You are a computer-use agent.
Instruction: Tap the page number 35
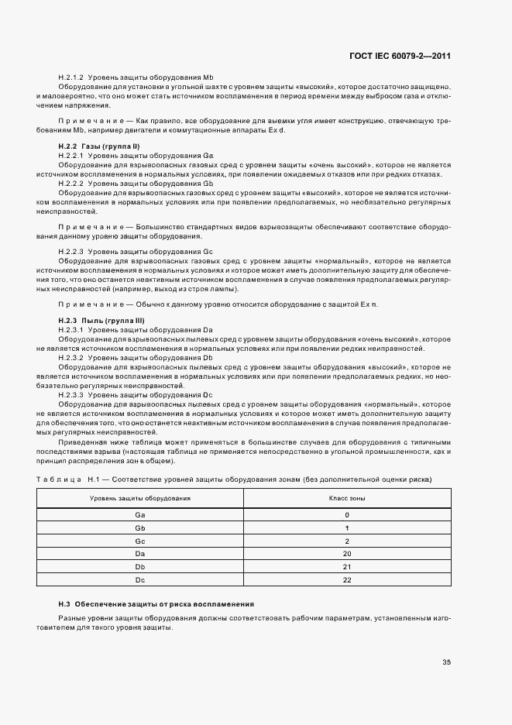tap(446, 661)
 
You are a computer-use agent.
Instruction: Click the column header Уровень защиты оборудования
tap(140, 498)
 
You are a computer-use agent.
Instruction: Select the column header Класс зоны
tap(347, 498)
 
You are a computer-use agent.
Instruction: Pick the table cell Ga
tap(140, 514)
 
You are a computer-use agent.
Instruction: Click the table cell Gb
tap(140, 527)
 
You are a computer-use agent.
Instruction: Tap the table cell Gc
tap(140, 541)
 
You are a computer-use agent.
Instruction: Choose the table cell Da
tap(140, 554)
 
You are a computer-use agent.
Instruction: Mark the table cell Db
tap(140, 567)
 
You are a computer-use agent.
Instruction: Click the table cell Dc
tap(140, 580)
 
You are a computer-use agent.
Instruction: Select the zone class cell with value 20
tap(347, 554)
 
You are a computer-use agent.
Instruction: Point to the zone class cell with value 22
tap(347, 580)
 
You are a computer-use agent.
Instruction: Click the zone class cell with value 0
tap(347, 514)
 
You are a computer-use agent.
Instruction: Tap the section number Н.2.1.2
tap(70, 79)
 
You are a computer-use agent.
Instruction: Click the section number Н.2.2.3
tap(70, 253)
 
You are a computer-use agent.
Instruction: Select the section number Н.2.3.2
tap(70, 358)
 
